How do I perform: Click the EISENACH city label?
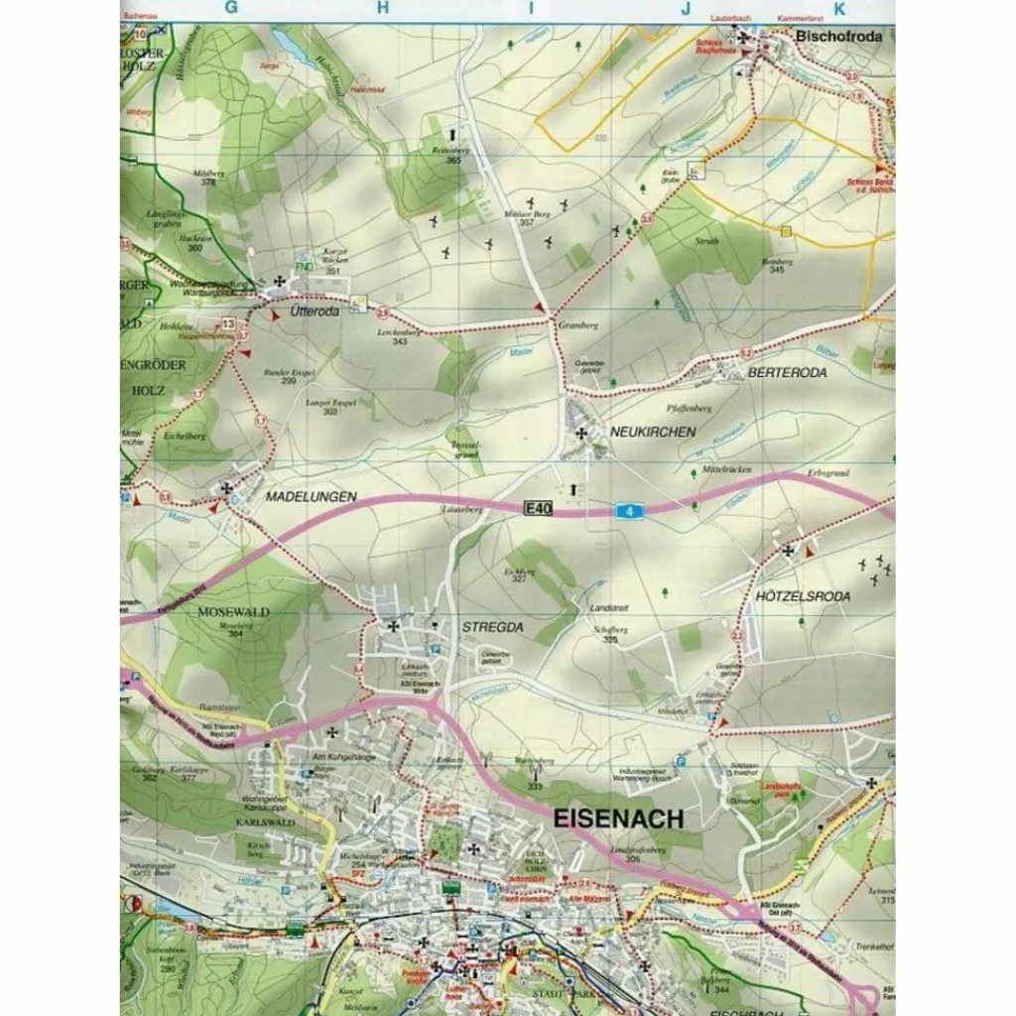click(615, 820)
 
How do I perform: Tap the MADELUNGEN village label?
click(311, 495)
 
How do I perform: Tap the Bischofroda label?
click(838, 37)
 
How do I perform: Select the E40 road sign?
click(537, 508)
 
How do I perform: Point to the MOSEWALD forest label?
click(233, 612)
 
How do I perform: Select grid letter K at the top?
click(839, 9)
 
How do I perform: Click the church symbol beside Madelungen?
click(227, 487)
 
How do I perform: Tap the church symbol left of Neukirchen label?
click(580, 433)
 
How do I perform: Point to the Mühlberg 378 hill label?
click(209, 177)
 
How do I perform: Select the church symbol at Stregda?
click(394, 626)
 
